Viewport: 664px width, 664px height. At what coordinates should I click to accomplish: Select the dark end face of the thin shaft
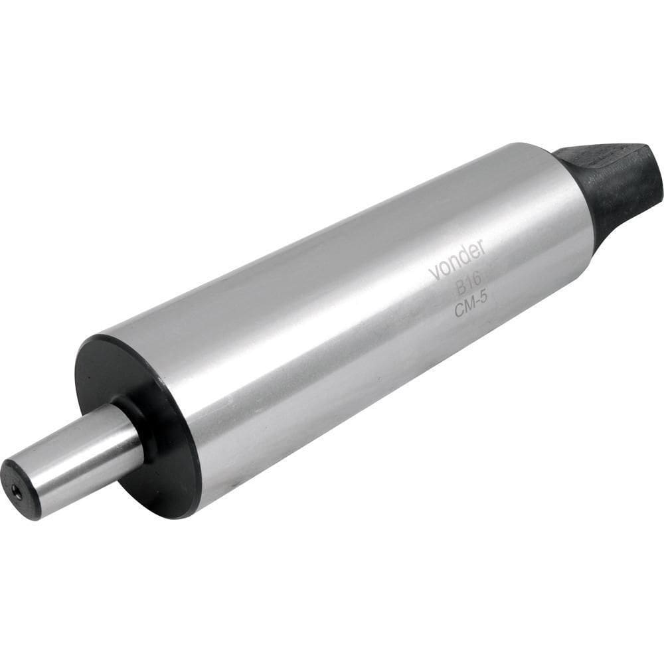[x=20, y=489]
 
